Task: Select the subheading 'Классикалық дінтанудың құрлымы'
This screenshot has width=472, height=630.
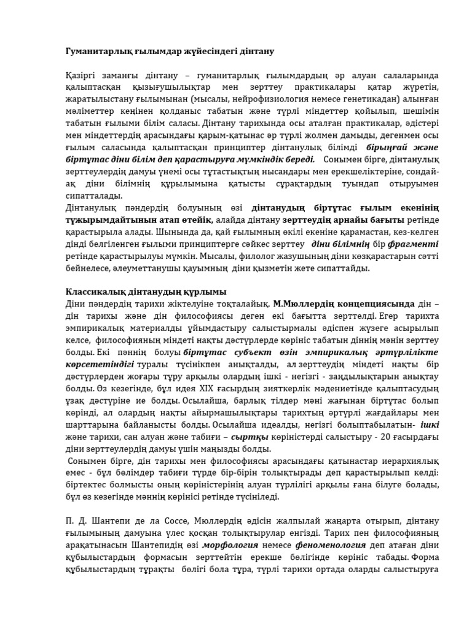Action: click(146, 292)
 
